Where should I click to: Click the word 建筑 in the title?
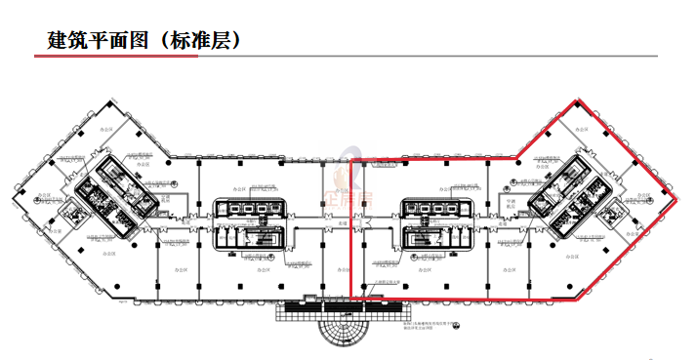67,41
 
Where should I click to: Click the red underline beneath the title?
116,57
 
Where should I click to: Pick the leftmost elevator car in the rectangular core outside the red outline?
230,210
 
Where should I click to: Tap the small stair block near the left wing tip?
71,210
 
